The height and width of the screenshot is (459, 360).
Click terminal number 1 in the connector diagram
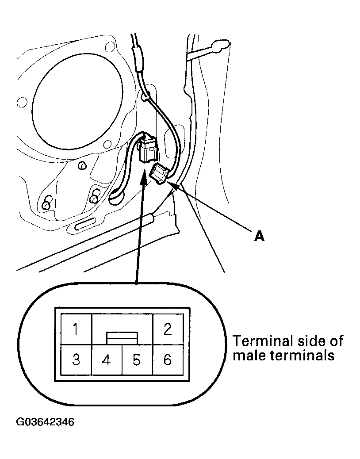76,329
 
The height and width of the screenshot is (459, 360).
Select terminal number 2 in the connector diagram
168,329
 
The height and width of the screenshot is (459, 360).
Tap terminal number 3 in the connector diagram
76,360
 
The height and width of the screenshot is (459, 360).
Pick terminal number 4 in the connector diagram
106,360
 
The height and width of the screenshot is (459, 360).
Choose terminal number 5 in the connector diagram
137,360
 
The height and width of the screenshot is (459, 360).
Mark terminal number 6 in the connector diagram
168,360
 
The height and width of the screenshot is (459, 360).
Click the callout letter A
259,237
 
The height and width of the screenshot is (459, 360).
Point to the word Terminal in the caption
263,341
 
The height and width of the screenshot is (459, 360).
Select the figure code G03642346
45,421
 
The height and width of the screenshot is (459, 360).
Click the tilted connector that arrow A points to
160,173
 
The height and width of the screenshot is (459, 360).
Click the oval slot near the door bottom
84,226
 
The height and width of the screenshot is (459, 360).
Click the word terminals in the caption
302,356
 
